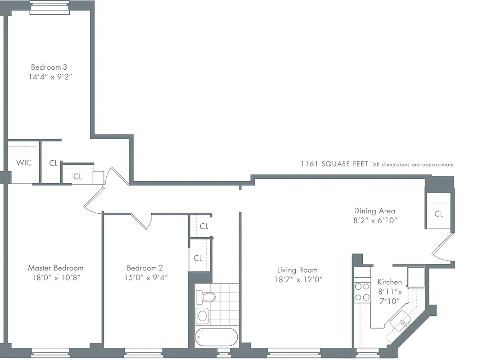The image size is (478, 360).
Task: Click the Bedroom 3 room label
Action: click(x=49, y=67)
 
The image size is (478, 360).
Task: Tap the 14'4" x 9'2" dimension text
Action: click(x=49, y=77)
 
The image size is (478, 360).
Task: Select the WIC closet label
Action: click(x=24, y=162)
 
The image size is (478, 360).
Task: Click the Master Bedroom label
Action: click(x=55, y=268)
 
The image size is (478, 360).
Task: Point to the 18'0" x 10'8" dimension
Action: click(x=55, y=277)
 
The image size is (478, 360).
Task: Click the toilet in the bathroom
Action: click(x=206, y=297)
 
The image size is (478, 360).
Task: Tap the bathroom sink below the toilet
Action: click(x=203, y=315)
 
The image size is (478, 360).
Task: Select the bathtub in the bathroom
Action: click(x=216, y=337)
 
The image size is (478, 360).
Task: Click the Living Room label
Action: click(x=297, y=270)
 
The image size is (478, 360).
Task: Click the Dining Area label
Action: click(x=374, y=211)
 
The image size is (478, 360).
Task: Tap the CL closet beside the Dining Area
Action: click(x=438, y=214)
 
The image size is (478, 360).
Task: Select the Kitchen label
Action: click(x=389, y=282)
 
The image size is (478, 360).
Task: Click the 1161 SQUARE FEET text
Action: click(x=334, y=164)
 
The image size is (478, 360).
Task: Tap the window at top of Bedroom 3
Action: click(x=50, y=8)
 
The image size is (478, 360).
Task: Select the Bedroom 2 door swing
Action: click(x=142, y=221)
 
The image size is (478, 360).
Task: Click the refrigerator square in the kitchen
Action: click(x=415, y=276)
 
